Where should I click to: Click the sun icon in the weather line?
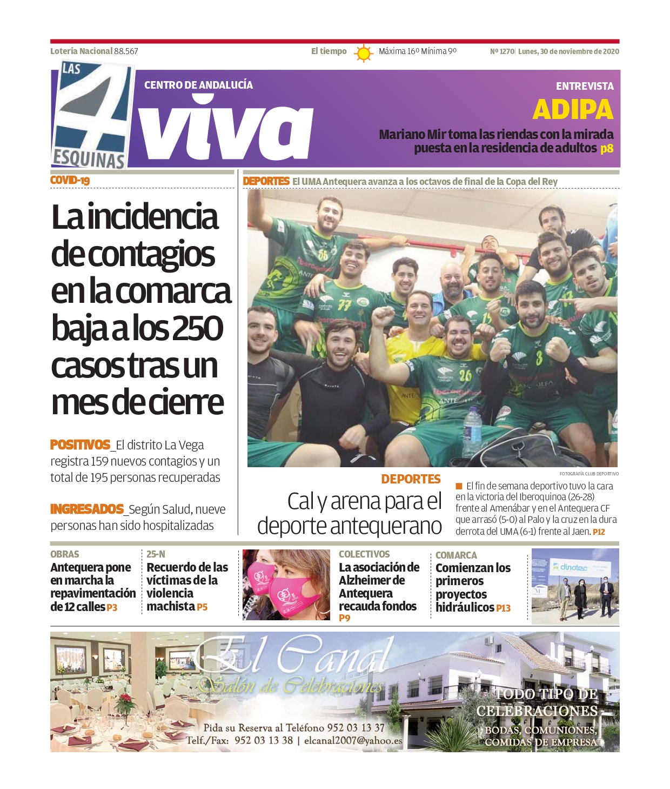click(364, 53)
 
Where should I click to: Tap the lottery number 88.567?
click(126, 51)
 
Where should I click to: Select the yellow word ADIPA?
click(573, 110)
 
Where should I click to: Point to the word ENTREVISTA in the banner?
click(585, 86)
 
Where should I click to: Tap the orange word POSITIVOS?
click(80, 445)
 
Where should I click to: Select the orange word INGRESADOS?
click(87, 509)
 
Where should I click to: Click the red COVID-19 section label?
click(70, 181)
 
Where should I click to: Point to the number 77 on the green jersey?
click(345, 305)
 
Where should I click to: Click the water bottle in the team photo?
click(472, 430)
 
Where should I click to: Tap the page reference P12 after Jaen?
click(599, 532)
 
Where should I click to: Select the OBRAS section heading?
click(64, 554)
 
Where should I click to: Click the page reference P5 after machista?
click(202, 607)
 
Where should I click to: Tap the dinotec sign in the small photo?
click(573, 567)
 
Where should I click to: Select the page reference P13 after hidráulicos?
click(503, 608)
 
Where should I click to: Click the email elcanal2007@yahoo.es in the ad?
click(353, 741)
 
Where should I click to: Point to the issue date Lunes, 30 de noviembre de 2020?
click(568, 51)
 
